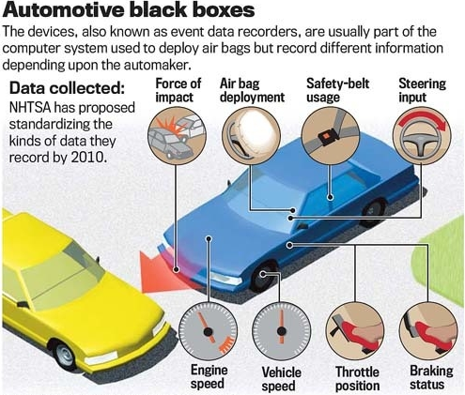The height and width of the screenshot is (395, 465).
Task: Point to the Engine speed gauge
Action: pos(208,331)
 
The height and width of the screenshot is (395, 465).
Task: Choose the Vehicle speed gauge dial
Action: pos(282,331)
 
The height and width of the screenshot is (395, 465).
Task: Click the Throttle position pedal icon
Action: pos(355,331)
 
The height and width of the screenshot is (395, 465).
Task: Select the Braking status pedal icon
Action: pos(428,331)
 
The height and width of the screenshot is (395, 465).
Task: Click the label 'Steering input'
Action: pos(422,90)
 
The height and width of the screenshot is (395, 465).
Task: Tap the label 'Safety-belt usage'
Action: pos(338,90)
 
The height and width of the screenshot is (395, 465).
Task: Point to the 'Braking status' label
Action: pos(431,377)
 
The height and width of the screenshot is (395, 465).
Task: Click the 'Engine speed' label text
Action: pos(209,376)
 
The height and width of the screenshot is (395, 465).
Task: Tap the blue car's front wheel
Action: pos(264,276)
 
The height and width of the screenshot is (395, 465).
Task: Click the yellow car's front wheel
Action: pos(64,356)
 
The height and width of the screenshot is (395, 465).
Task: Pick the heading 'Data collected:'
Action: pos(67,88)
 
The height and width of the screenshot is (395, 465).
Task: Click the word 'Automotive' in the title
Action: pos(63,10)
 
